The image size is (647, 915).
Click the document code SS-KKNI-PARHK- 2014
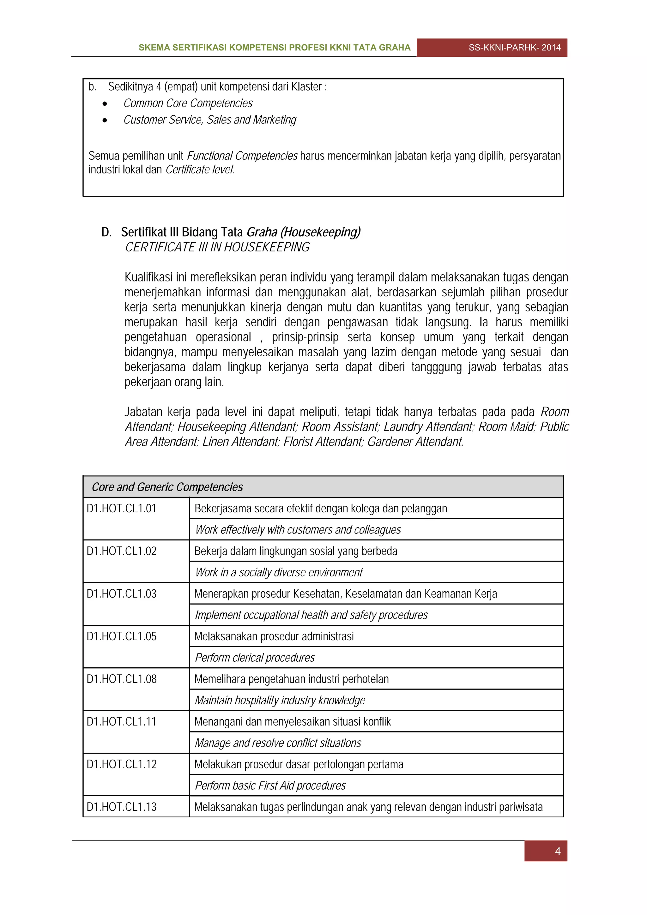click(x=514, y=47)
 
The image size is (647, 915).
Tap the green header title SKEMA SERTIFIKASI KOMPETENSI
click(x=274, y=47)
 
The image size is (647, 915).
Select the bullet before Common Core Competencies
click(x=105, y=104)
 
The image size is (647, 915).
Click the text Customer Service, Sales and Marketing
click(x=210, y=120)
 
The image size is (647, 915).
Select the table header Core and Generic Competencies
click(x=167, y=487)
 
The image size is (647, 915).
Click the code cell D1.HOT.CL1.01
click(x=122, y=509)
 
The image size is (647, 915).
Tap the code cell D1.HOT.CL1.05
click(x=122, y=636)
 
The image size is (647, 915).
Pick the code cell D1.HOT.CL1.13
click(x=122, y=807)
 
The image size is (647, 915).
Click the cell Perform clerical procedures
click(x=255, y=658)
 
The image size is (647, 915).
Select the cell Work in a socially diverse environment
click(x=279, y=572)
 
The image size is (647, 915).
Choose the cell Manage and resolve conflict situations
click(x=278, y=743)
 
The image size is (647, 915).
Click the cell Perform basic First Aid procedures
click(x=270, y=786)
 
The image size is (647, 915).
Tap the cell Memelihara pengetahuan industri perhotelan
click(x=291, y=679)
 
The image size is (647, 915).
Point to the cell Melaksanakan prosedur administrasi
click(x=274, y=636)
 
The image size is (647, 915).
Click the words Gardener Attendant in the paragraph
click(x=415, y=442)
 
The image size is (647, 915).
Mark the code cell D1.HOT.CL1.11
click(x=122, y=721)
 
